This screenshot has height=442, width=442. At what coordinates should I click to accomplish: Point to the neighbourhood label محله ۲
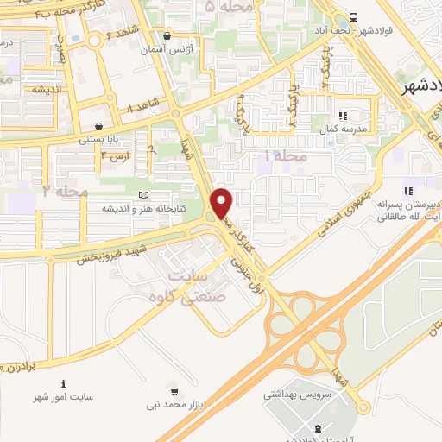pyautogui.click(x=60, y=189)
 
